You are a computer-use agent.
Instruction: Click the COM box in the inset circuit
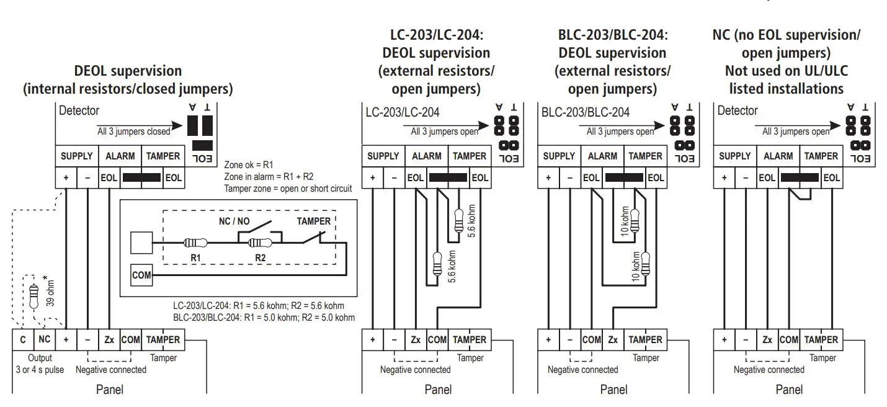[141, 275]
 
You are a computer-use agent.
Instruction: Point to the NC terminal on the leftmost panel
[44, 340]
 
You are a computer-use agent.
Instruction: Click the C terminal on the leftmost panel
[23, 340]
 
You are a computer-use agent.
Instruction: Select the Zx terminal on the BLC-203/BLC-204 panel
[613, 340]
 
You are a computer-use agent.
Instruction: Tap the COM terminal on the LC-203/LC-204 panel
[437, 340]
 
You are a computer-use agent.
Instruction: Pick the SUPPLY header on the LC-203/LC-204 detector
[383, 156]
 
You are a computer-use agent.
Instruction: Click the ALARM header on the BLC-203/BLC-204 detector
[602, 156]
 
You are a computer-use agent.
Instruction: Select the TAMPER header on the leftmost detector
[163, 156]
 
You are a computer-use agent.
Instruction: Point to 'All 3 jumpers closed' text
[133, 131]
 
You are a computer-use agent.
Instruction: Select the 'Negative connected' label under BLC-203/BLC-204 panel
[582, 370]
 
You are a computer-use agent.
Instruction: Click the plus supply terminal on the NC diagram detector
[724, 177]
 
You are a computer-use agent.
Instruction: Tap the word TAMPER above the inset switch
[313, 221]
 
